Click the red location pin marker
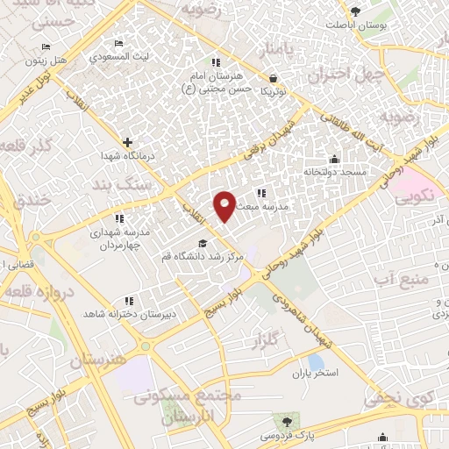point(224,205)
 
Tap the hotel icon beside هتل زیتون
point(46,47)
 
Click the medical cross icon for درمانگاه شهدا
point(128,141)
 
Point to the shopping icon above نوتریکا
point(273,77)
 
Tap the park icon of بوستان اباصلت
point(355,11)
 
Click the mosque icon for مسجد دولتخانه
point(334,160)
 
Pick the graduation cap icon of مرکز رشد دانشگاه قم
point(203,244)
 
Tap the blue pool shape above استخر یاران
point(316,360)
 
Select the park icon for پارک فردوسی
point(282,421)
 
